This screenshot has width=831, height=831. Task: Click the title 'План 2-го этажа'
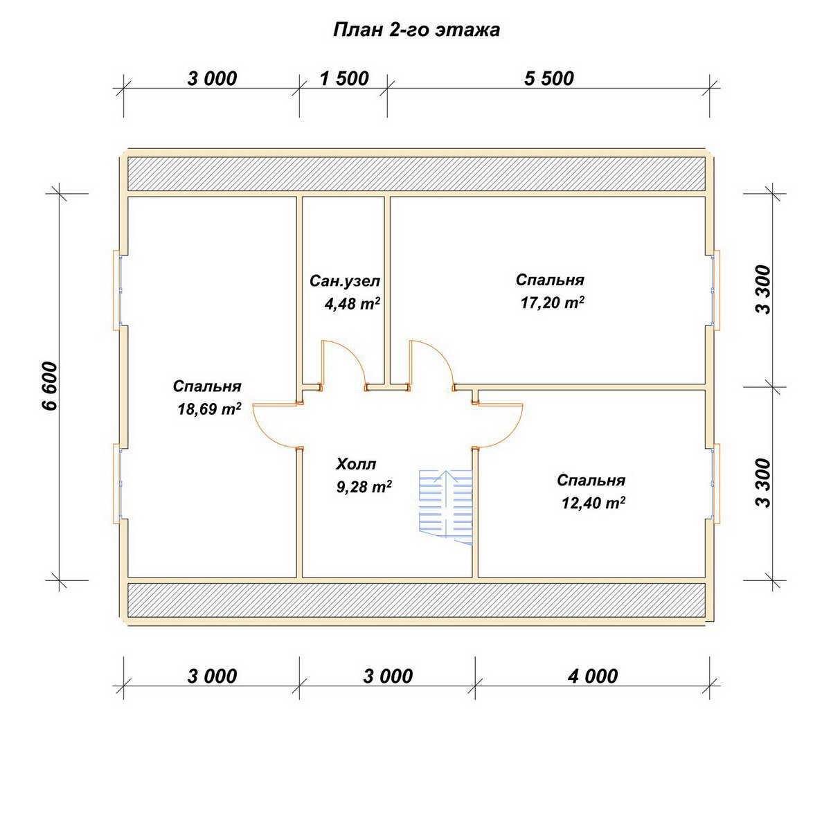pyautogui.click(x=416, y=30)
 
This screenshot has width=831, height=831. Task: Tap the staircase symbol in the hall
pyautogui.click(x=446, y=507)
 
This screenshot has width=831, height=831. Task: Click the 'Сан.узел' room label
pyautogui.click(x=345, y=281)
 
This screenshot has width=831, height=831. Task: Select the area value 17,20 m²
pyautogui.click(x=553, y=303)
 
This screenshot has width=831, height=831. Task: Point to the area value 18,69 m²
pyautogui.click(x=209, y=409)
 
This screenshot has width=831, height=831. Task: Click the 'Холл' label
pyautogui.click(x=356, y=464)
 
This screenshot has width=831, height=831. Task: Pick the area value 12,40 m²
pyautogui.click(x=593, y=502)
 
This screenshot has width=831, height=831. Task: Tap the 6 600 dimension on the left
pyautogui.click(x=51, y=386)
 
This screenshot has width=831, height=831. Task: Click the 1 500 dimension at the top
pyautogui.click(x=344, y=79)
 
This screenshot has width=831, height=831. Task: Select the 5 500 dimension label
pyautogui.click(x=549, y=79)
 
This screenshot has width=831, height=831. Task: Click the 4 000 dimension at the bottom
pyautogui.click(x=593, y=676)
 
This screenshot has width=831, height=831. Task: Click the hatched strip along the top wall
pyautogui.click(x=416, y=174)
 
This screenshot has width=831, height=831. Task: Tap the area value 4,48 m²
pyautogui.click(x=352, y=303)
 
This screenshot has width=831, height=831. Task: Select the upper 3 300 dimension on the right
pyautogui.click(x=763, y=289)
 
